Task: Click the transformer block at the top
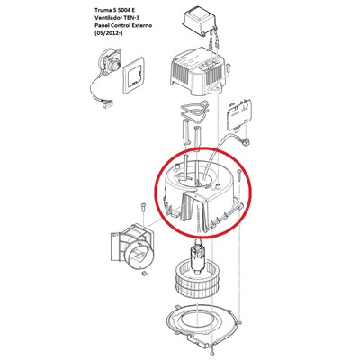(x=199, y=21)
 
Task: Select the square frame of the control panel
(x=134, y=76)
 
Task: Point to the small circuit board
(x=238, y=115)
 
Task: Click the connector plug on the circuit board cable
(x=247, y=140)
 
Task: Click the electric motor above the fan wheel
(x=196, y=258)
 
